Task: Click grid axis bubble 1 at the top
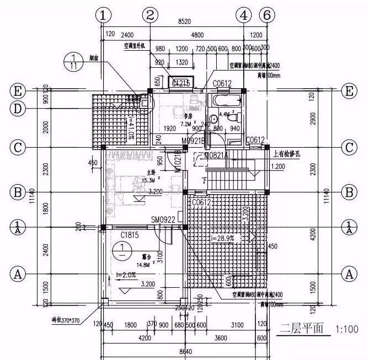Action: click(x=103, y=15)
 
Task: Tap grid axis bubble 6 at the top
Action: click(x=266, y=15)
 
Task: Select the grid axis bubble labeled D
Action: click(x=18, y=109)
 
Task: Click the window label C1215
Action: click(x=181, y=83)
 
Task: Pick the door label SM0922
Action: click(x=163, y=220)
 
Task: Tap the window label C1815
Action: click(x=130, y=235)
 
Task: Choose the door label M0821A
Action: click(x=216, y=156)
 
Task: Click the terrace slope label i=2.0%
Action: click(x=126, y=273)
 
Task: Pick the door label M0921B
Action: click(x=194, y=141)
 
